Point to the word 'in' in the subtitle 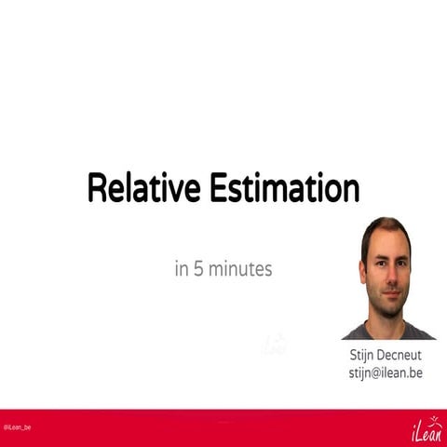point(181,269)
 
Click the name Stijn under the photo point(365,355)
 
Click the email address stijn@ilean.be point(385,372)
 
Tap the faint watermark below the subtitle point(273,345)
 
